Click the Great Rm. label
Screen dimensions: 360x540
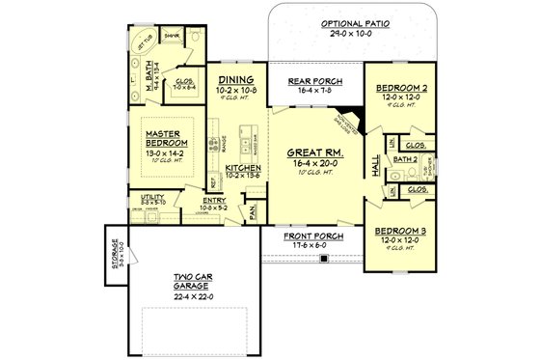click(x=312, y=152)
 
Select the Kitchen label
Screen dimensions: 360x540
click(x=242, y=168)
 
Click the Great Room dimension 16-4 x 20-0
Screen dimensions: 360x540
click(x=312, y=164)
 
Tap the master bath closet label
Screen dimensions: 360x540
click(x=184, y=81)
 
